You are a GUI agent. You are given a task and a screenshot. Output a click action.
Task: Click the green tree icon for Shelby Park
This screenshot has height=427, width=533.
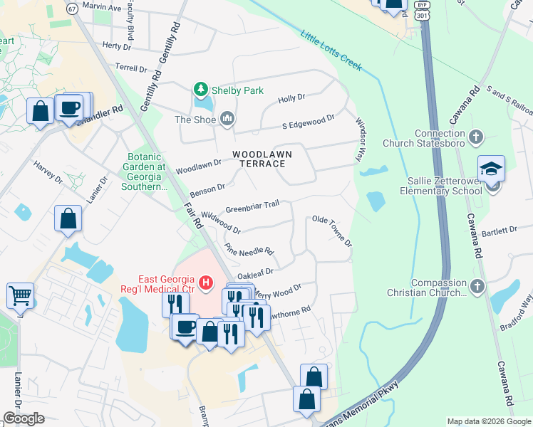pyautogui.click(x=202, y=90)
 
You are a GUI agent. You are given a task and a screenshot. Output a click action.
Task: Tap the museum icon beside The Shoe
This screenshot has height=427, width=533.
pyautogui.click(x=227, y=118)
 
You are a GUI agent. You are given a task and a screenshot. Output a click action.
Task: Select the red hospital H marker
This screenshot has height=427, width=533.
pyautogui.click(x=206, y=283)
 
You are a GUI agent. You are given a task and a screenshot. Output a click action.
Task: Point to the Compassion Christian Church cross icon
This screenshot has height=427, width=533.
pyautogui.click(x=477, y=286)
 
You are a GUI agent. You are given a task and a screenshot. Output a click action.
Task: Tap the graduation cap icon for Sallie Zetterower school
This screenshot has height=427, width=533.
pyautogui.click(x=491, y=169)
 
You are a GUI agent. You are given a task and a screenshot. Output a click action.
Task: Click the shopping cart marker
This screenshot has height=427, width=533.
pyautogui.click(x=20, y=294)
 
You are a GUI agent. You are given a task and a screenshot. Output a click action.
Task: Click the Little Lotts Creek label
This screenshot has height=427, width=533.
pyautogui.click(x=331, y=51)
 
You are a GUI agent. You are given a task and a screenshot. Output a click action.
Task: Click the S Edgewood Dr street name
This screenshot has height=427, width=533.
pyautogui.click(x=308, y=122)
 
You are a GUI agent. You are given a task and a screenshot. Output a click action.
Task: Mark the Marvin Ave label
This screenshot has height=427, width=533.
pyautogui.click(x=101, y=7)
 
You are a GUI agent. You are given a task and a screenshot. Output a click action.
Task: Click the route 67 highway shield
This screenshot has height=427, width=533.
pyautogui.click(x=71, y=8)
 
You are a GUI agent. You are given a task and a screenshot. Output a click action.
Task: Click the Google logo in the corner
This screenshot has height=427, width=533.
pyautogui.click(x=24, y=418)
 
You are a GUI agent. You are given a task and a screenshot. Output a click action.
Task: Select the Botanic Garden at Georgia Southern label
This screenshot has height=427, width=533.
pyautogui.click(x=147, y=172)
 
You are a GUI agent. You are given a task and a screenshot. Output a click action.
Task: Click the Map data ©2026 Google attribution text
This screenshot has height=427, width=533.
pyautogui.click(x=488, y=421)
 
